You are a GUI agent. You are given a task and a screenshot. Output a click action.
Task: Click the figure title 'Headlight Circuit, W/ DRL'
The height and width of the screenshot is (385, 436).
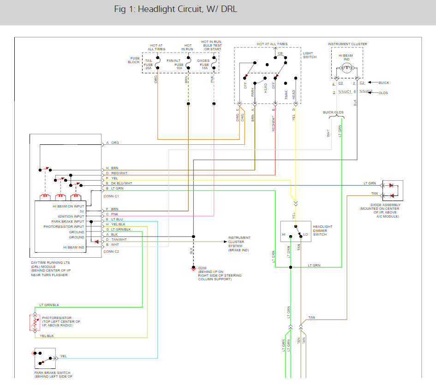[x=175, y=9]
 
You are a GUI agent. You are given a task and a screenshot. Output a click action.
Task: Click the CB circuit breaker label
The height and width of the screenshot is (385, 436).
[x=280, y=53]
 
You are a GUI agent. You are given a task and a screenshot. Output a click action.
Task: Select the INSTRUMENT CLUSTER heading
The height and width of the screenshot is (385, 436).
[x=347, y=44]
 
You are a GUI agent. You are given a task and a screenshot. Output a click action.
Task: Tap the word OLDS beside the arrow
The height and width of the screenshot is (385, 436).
[x=383, y=93]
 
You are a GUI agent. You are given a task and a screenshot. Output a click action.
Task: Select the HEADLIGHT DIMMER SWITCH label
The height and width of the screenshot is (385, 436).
[x=323, y=231]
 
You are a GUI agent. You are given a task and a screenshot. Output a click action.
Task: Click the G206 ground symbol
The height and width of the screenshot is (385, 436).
[x=193, y=268]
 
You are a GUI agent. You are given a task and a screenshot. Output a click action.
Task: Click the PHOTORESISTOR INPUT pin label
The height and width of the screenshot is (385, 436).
[x=64, y=227]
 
